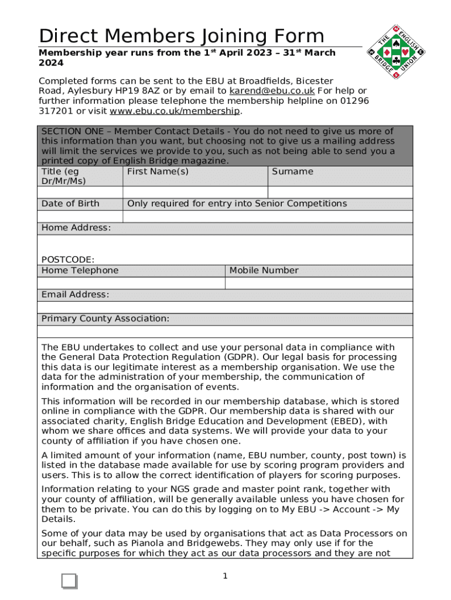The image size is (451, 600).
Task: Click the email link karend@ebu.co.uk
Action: coord(272,91)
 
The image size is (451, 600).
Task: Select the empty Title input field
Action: coord(80,192)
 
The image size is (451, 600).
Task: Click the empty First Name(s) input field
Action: coord(195,192)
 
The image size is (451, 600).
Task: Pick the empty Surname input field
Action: coord(340,192)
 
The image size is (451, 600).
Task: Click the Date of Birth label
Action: coord(70,203)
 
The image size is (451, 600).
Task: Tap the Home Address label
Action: coord(76,227)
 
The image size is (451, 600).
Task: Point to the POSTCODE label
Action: coord(67,260)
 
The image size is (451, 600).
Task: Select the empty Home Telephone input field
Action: coord(131,282)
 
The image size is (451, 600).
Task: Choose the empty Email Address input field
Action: coord(225,306)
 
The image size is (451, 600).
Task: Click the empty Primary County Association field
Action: coord(225,331)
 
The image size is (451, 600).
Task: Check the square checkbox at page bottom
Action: coord(69,581)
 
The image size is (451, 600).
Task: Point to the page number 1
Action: coord(225,577)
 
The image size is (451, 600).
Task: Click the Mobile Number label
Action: coord(264,270)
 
